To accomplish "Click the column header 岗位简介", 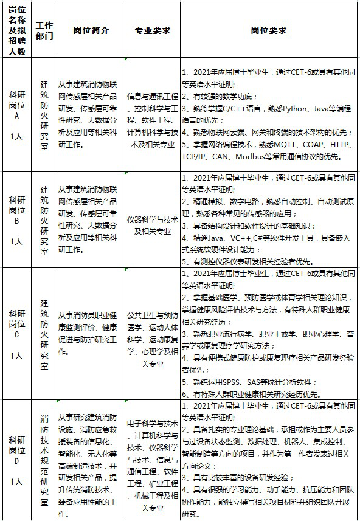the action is pyautogui.click(x=91, y=30).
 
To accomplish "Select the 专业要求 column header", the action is pyautogui.click(x=152, y=30).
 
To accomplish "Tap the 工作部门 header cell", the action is pyautogui.click(x=44, y=30).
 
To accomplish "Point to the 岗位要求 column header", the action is pyautogui.click(x=269, y=30).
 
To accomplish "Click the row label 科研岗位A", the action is pyautogui.click(x=17, y=115).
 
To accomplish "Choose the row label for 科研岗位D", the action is pyautogui.click(x=17, y=460).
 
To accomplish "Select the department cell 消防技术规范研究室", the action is pyautogui.click(x=44, y=460).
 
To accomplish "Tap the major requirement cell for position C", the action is pyautogui.click(x=152, y=340).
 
